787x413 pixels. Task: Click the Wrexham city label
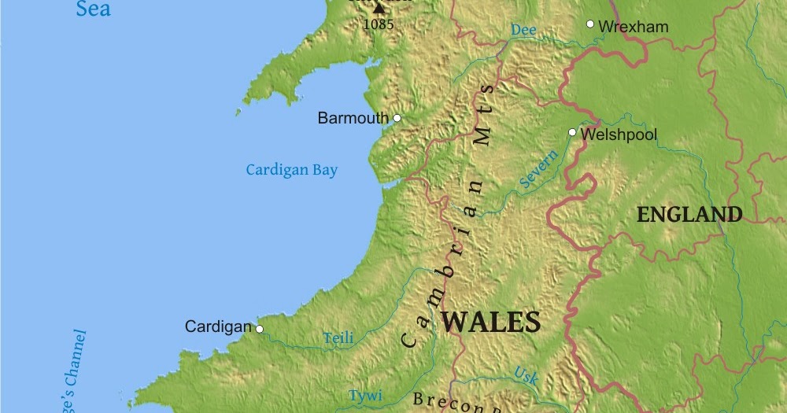pyautogui.click(x=633, y=27)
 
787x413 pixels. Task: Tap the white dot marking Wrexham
pyautogui.click(x=590, y=24)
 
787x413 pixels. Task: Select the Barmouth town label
pyautogui.click(x=353, y=119)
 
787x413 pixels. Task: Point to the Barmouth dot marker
pyautogui.click(x=397, y=118)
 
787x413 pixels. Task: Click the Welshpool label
pyautogui.click(x=619, y=135)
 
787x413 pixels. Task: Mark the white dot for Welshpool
pyautogui.click(x=573, y=132)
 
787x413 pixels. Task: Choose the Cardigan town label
pyautogui.click(x=218, y=326)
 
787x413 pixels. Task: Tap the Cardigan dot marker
pyautogui.click(x=260, y=329)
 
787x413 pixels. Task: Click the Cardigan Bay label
pyautogui.click(x=291, y=170)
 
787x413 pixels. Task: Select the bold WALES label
pyautogui.click(x=492, y=323)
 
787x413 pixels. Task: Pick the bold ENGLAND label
pyautogui.click(x=689, y=215)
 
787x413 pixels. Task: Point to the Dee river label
pyautogui.click(x=523, y=30)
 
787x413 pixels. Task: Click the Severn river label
pyautogui.click(x=539, y=169)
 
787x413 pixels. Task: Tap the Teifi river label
pyautogui.click(x=338, y=339)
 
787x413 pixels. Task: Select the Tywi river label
pyautogui.click(x=365, y=396)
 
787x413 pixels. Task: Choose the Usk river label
pyautogui.click(x=526, y=376)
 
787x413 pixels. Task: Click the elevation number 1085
pyautogui.click(x=378, y=24)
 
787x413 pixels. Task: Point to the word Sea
pyautogui.click(x=93, y=9)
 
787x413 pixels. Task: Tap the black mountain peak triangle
pyautogui.click(x=379, y=8)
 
